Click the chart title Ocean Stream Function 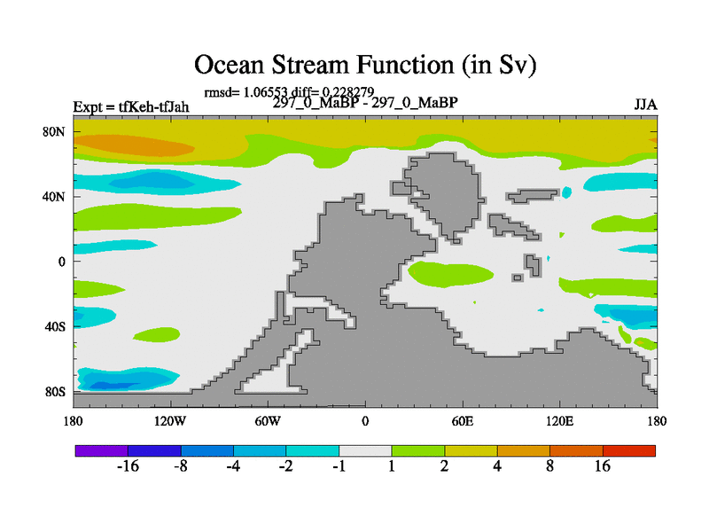tap(323, 65)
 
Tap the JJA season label tap(645, 105)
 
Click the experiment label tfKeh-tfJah tap(153, 107)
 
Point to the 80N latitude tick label tap(54, 131)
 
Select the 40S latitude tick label tap(55, 326)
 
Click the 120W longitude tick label tap(170, 422)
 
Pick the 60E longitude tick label tap(463, 422)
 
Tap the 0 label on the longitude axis tap(365, 422)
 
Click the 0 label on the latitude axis tap(61, 262)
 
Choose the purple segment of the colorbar tap(102, 450)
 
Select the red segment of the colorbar tap(629, 450)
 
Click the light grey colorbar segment tap(365, 450)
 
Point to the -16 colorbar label tap(128, 466)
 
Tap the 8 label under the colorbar tap(549, 466)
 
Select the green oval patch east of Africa tap(452, 274)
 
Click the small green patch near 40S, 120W tap(157, 335)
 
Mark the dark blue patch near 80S tap(115, 386)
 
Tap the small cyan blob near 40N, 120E tap(566, 192)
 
